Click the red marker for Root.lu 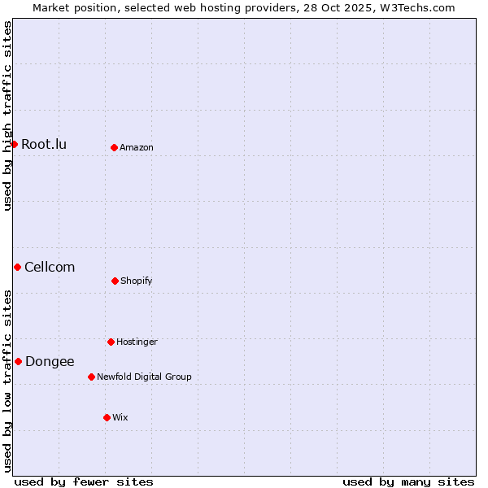[14, 144]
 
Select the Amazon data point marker [114, 147]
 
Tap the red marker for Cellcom [17, 267]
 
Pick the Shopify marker [115, 281]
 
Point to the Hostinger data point [111, 342]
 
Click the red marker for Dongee [18, 361]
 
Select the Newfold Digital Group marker [91, 377]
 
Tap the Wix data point [107, 417]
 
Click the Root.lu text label [44, 145]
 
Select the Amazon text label [137, 148]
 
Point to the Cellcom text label [50, 268]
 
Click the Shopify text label [137, 281]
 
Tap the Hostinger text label [137, 342]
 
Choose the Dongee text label [50, 362]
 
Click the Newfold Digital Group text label [144, 377]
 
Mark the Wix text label [120, 418]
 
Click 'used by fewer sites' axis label [84, 482]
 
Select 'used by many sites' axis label [408, 482]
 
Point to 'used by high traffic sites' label [7, 115]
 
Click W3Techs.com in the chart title [415, 7]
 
